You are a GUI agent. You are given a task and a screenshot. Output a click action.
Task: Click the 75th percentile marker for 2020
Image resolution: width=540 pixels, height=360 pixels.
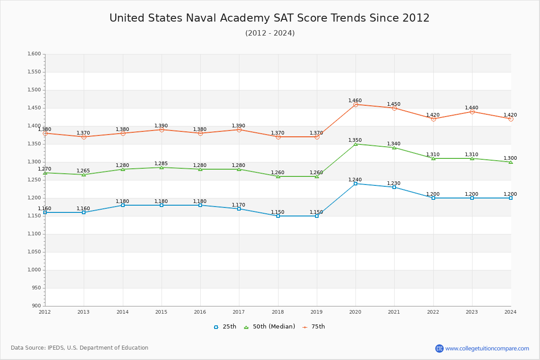(355, 104)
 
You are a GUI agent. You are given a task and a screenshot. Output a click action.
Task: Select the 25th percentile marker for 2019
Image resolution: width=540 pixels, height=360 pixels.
(317, 216)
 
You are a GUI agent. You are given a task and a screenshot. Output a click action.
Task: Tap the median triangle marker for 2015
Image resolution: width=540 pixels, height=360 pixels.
(162, 167)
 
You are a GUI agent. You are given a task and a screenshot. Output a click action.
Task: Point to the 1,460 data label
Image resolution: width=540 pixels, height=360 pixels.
(355, 101)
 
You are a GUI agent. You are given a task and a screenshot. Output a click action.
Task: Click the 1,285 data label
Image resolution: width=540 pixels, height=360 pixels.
(161, 164)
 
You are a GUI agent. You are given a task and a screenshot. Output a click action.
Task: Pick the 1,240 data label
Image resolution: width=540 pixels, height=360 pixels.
(355, 180)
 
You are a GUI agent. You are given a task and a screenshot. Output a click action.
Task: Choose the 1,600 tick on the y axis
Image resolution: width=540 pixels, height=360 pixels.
(34, 54)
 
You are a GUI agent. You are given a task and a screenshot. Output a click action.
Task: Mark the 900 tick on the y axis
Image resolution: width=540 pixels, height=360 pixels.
(36, 306)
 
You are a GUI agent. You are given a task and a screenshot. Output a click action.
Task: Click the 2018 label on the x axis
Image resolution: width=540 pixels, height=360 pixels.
(278, 312)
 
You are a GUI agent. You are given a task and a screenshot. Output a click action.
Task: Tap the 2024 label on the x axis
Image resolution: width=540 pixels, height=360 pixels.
(510, 312)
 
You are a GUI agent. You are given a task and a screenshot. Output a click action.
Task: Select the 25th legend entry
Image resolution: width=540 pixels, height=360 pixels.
(225, 327)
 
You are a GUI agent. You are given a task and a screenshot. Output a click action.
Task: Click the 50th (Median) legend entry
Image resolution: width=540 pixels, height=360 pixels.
(270, 327)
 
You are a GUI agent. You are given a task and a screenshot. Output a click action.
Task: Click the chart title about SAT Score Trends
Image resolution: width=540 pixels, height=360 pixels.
(270, 18)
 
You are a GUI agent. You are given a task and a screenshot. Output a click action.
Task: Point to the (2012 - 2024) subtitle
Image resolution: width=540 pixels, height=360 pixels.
(270, 33)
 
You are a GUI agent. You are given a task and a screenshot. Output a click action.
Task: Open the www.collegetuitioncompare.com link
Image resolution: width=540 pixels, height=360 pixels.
(487, 348)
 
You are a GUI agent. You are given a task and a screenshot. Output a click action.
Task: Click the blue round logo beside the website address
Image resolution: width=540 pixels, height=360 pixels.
(439, 348)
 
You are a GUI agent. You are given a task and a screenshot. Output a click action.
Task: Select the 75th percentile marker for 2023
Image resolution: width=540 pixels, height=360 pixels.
(472, 112)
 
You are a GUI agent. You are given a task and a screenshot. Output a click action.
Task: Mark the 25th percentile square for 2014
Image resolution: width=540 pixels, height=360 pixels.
(123, 205)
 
